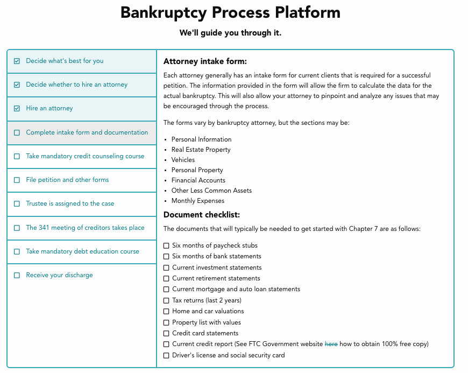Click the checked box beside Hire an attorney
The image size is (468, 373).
click(17, 108)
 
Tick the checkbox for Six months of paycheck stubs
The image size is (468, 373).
click(166, 246)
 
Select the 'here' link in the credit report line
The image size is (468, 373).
click(331, 344)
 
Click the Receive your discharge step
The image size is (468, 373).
click(59, 275)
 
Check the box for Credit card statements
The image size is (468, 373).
click(166, 333)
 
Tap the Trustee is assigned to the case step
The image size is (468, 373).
click(70, 203)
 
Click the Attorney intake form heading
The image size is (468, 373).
click(205, 61)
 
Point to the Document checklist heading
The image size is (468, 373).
click(202, 215)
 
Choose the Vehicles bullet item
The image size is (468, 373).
click(183, 160)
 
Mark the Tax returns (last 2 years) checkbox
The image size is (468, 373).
click(166, 300)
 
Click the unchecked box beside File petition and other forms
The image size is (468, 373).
click(17, 180)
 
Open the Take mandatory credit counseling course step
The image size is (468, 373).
click(85, 156)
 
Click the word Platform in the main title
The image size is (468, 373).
click(308, 13)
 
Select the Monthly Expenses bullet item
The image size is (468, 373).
click(198, 201)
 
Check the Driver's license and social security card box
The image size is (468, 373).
click(166, 355)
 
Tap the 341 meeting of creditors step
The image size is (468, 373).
click(85, 228)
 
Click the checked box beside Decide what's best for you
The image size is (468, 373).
click(17, 61)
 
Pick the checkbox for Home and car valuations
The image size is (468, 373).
click(166, 312)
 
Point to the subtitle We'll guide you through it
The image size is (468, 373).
click(230, 33)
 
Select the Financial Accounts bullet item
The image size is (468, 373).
click(198, 180)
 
